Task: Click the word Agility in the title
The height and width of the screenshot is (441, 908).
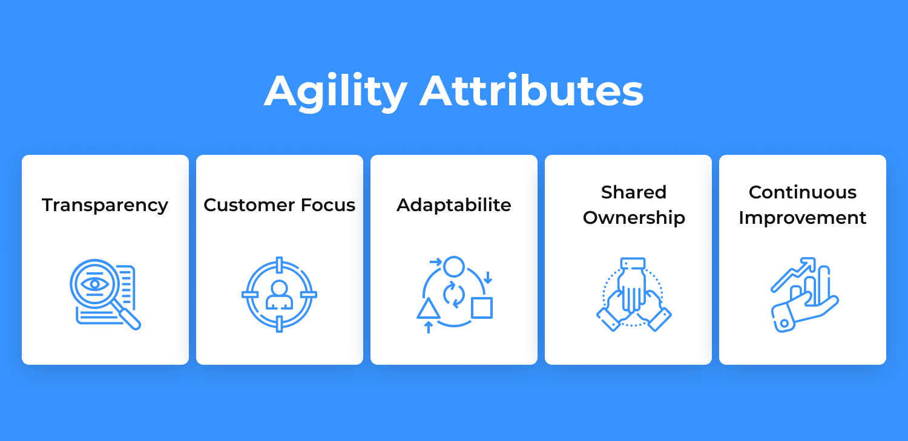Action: pyautogui.click(x=335, y=91)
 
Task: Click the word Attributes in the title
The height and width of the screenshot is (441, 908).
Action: pyautogui.click(x=531, y=90)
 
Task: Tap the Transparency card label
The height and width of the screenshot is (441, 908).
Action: pyautogui.click(x=105, y=205)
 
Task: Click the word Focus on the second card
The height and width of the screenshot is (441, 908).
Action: pyautogui.click(x=328, y=205)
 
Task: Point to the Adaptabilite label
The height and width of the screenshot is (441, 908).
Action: pyautogui.click(x=453, y=205)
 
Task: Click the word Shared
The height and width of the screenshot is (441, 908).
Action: pyautogui.click(x=634, y=192)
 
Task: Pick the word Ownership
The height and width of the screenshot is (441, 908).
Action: pyautogui.click(x=634, y=218)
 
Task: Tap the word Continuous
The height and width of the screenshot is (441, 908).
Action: pyautogui.click(x=803, y=192)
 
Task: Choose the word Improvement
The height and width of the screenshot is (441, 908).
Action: pyautogui.click(x=803, y=218)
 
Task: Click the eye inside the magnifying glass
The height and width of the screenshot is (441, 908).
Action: pyautogui.click(x=95, y=284)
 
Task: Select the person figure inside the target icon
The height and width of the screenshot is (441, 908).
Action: pyautogui.click(x=279, y=295)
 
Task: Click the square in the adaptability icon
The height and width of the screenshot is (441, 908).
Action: pyautogui.click(x=482, y=308)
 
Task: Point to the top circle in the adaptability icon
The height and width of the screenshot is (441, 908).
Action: pyautogui.click(x=453, y=266)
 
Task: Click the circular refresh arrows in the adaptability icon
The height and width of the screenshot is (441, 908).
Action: pyautogui.click(x=453, y=295)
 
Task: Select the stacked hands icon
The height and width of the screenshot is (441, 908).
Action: pyautogui.click(x=634, y=295)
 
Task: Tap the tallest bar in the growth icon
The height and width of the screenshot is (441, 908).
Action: pyautogui.click(x=824, y=284)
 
